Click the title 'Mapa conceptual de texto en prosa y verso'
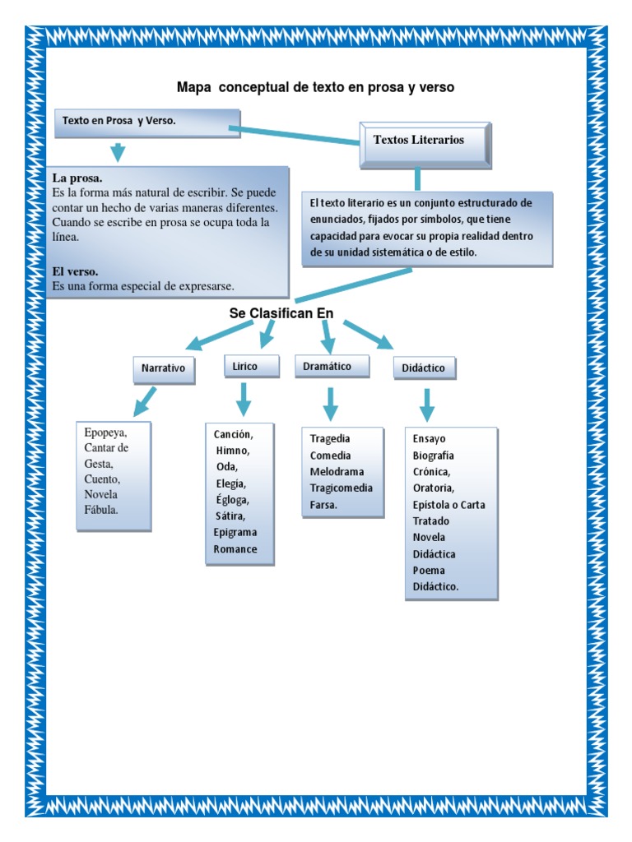315,86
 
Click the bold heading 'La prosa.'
77,178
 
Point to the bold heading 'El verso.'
76,271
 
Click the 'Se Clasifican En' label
286,312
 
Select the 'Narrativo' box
164,369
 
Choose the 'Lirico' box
244,367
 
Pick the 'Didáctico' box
424,368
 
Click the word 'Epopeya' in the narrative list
105,433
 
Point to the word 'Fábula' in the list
101,510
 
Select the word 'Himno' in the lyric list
233,451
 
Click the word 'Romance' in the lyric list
235,549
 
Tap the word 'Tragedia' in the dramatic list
330,439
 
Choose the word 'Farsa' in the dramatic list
323,505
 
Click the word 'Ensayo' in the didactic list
429,439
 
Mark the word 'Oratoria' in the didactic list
433,488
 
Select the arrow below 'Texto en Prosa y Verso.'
118,152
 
